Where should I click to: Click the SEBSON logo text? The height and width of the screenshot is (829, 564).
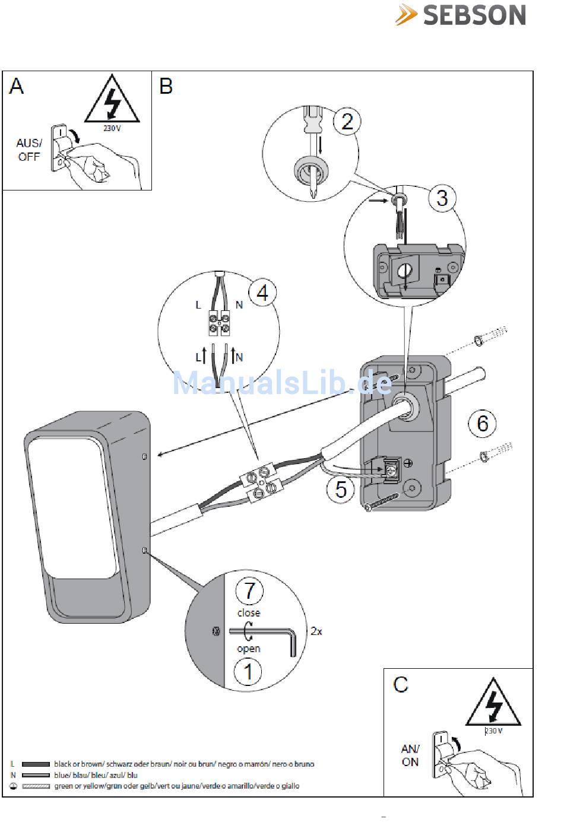[x=474, y=15]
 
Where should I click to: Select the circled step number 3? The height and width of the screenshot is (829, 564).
[x=442, y=198]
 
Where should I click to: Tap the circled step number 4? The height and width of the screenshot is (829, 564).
[x=262, y=293]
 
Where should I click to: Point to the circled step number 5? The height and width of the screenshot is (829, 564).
[x=341, y=489]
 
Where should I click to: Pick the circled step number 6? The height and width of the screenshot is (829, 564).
[x=482, y=423]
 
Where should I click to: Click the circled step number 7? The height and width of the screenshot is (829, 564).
[x=249, y=590]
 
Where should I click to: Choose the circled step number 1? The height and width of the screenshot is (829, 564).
[x=249, y=672]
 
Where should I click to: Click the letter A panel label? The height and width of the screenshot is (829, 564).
[x=17, y=87]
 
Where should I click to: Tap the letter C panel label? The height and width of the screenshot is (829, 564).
[x=401, y=684]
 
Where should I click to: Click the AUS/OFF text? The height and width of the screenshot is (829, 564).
[x=28, y=150]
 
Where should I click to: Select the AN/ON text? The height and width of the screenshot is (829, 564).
[x=410, y=755]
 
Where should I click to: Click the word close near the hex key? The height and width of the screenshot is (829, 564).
[x=248, y=612]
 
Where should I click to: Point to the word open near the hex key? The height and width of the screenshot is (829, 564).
[x=248, y=648]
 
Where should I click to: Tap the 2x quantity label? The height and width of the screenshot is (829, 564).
[x=316, y=631]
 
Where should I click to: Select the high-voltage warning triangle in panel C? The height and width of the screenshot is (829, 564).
[x=493, y=706]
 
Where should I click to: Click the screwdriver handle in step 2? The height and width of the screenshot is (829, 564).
[x=311, y=119]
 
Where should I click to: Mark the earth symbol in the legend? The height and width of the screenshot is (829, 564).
[x=13, y=786]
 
